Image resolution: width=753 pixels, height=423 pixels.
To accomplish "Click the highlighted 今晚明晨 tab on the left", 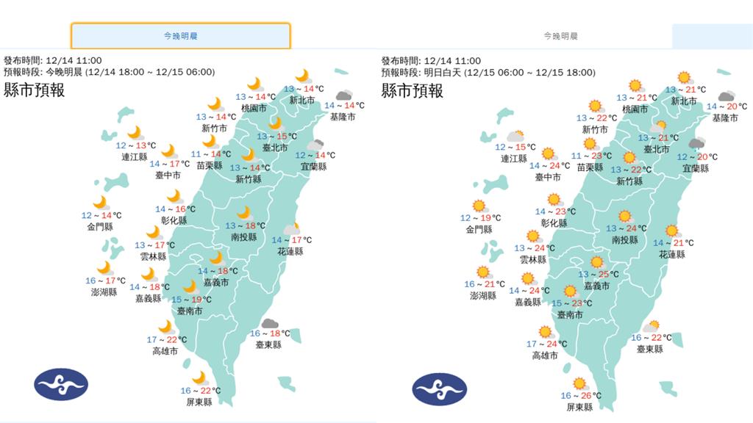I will [x=180, y=35].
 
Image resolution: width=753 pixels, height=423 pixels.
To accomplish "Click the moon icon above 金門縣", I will [x=99, y=202].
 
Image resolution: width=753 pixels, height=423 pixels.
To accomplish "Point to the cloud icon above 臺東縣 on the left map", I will [x=268, y=323].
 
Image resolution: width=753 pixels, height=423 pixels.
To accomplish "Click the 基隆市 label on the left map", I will [x=343, y=117].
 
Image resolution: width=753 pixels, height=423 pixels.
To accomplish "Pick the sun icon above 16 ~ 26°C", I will [x=579, y=383].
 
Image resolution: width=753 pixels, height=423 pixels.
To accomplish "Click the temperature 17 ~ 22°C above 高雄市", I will [x=166, y=339].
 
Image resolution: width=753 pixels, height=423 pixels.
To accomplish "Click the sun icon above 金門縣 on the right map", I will [x=479, y=206].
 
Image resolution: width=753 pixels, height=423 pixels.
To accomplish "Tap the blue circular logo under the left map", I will [x=61, y=383].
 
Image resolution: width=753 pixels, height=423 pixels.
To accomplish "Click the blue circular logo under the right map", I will [x=439, y=387].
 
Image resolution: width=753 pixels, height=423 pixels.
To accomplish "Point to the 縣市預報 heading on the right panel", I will [x=412, y=91].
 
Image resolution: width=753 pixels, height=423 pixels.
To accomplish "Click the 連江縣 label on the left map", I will [x=133, y=157].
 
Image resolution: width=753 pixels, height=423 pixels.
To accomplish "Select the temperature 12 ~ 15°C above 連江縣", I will [x=515, y=147].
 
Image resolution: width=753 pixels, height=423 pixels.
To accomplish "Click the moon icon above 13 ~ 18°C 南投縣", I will [x=243, y=213].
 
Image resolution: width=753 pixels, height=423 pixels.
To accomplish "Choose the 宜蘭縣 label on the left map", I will [x=313, y=167].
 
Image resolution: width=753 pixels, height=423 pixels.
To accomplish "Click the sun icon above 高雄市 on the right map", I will [x=545, y=332].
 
